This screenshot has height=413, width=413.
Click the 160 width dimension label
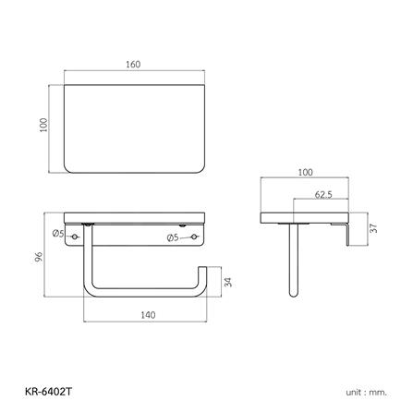pos(133,65)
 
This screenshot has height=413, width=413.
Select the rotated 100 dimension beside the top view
pos(43,125)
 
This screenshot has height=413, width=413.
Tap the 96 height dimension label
pos(39,257)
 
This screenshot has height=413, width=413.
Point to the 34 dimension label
pos(228,282)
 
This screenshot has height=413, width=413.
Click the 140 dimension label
pos(148,315)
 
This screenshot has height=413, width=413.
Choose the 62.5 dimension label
pos(323,195)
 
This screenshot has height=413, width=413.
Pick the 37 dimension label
pos(373,228)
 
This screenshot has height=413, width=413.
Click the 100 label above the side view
pos(305,173)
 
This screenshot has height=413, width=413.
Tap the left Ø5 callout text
pos(58,234)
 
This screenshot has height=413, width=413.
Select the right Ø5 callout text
pos(173,237)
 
